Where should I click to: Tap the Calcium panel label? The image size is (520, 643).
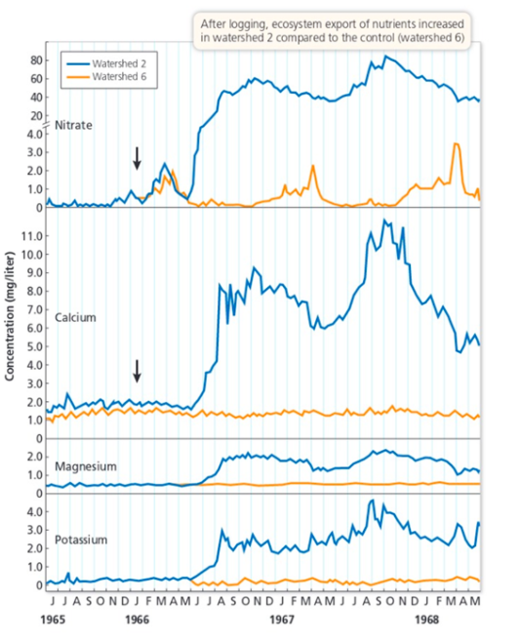76,318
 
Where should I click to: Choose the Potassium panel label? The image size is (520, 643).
82,540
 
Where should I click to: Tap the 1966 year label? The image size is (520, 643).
137,620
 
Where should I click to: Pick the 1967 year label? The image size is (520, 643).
283,620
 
